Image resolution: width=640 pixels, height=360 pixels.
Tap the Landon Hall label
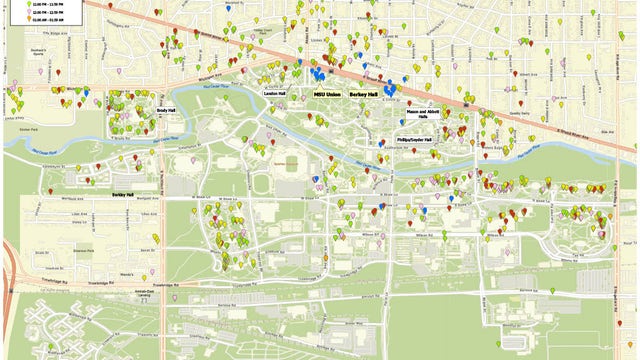274,93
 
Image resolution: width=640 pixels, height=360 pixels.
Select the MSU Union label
326,93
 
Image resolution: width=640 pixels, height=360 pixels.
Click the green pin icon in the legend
14,3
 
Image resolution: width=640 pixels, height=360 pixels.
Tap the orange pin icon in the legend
14,18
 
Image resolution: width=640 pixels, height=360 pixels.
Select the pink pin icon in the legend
14,10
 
